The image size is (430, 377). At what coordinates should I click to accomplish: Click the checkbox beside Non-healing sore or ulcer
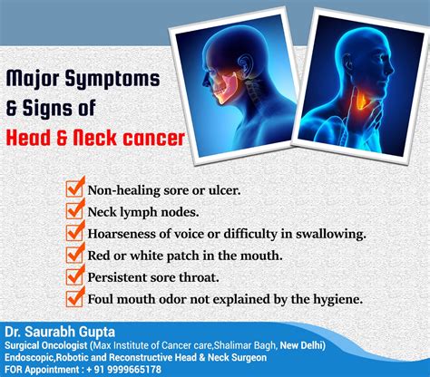tap(74, 188)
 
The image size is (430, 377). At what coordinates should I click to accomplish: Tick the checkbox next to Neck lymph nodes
tap(74, 210)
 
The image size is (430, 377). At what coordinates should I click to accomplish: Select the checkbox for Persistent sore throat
tap(74, 276)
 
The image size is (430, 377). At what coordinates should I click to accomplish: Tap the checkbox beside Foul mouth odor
tap(74, 298)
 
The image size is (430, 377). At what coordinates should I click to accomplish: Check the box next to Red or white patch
tap(74, 255)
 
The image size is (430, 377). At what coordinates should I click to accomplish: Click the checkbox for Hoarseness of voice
tap(74, 232)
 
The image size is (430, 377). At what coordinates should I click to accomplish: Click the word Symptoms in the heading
tap(112, 80)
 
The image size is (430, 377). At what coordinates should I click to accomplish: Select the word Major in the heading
tap(33, 80)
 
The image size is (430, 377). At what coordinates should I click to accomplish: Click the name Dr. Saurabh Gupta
tap(60, 332)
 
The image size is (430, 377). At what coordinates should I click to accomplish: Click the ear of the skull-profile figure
tap(243, 63)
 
